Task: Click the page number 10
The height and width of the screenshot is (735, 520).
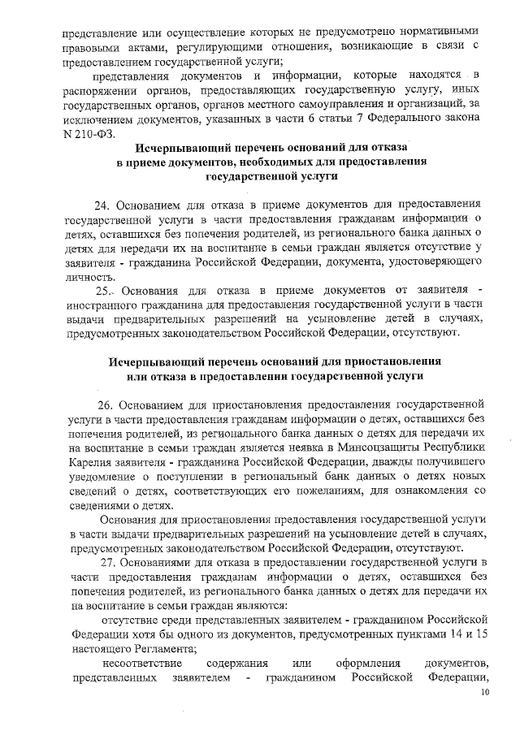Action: [485, 692]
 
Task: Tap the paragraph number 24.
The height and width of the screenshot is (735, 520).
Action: [106, 203]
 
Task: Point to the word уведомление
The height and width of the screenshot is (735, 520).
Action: [103, 477]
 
